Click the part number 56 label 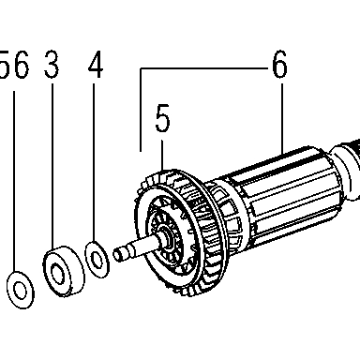(14, 65)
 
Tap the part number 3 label (52, 65)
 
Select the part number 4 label (96, 65)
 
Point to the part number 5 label (162, 118)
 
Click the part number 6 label (279, 65)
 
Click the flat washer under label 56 (21, 290)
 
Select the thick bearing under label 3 (64, 271)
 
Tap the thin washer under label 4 (97, 260)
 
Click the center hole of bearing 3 (58, 274)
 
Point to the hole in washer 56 (21, 291)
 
